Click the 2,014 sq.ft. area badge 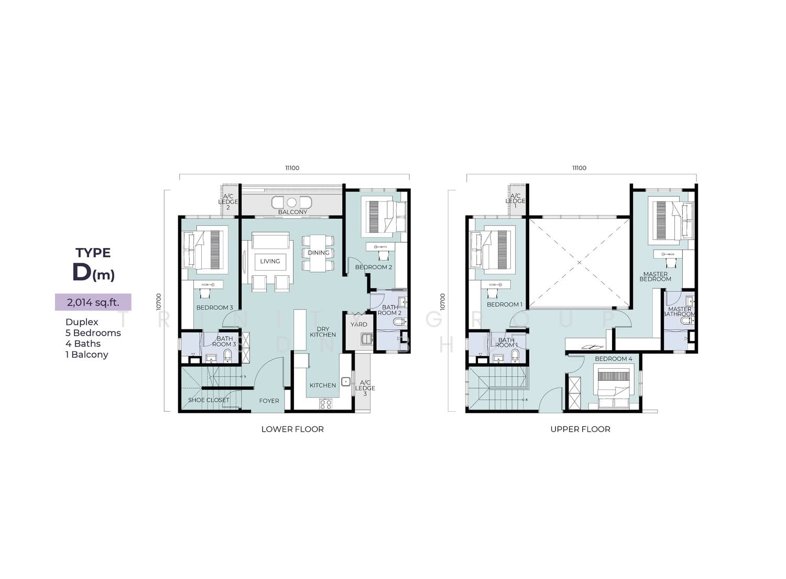pos(93,302)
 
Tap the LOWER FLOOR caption pos(292,429)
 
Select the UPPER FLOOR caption pos(581,429)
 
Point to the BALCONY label pos(292,212)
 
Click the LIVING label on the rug pos(270,261)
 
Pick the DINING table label pos(319,252)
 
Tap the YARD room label pos(359,325)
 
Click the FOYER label pos(269,401)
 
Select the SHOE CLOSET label pos(209,400)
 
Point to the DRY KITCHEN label pos(323,332)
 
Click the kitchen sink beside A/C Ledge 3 pos(346,381)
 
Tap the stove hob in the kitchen pos(325,404)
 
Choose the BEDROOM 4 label pos(614,359)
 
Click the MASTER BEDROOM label pos(656,276)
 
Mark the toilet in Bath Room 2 pos(400,321)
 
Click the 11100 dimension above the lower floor pos(292,168)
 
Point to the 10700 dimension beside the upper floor pos(442,302)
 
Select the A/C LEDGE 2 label pos(228,201)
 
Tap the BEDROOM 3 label pos(215,307)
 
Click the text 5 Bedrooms pos(93,333)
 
